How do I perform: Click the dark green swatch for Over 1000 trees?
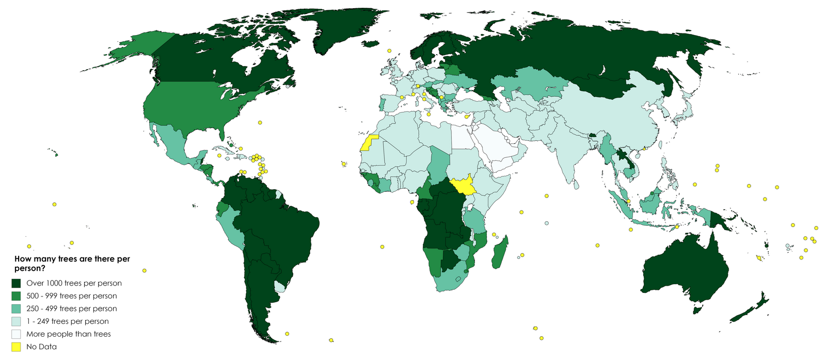pos(17,283)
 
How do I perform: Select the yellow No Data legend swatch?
pos(17,347)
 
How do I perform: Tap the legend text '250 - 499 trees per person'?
pos(71,308)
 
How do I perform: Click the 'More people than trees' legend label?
pos(68,334)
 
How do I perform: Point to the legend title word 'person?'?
pos(29,269)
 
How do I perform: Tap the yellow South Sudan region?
pos(462,186)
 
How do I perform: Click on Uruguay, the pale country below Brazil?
pos(279,287)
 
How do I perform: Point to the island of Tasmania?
pos(698,309)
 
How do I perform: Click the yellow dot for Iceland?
pos(389,51)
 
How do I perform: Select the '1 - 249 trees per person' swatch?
pos(17,321)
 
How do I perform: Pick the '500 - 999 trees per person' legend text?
pos(71,296)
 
